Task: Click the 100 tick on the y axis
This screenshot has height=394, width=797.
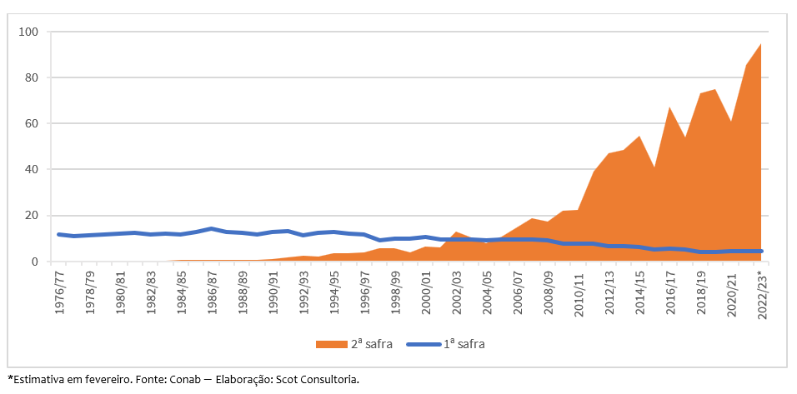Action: [x=33, y=32]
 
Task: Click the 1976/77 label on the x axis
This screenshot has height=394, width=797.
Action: [x=58, y=291]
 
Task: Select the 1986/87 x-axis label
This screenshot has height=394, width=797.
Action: [x=212, y=291]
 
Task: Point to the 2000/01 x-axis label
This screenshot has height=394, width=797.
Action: [x=426, y=291]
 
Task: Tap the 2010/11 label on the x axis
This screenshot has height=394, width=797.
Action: [x=579, y=291]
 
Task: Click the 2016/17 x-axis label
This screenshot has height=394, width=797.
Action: [x=671, y=291]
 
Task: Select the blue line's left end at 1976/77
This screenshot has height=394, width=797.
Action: [x=58, y=234]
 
